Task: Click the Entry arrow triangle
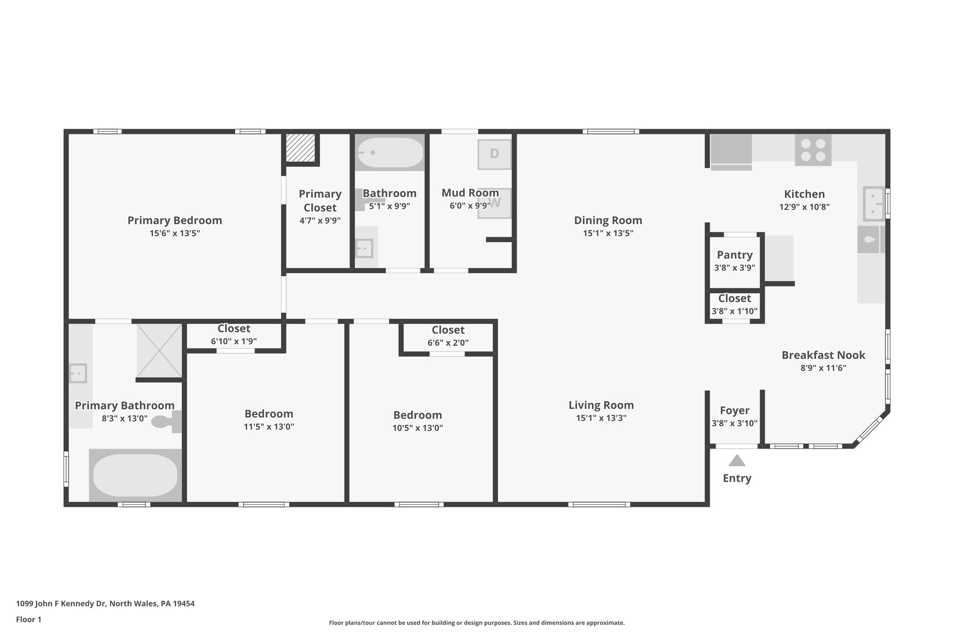(x=736, y=461)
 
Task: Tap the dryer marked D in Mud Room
(x=494, y=154)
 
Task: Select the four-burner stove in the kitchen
(x=813, y=150)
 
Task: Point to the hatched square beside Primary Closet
(x=300, y=148)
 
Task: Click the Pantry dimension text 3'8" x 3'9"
(x=735, y=268)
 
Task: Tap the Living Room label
(x=601, y=405)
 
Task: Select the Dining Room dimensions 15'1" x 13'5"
(x=608, y=233)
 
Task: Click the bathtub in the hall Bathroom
(x=390, y=152)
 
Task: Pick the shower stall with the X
(x=159, y=351)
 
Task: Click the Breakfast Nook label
(x=823, y=355)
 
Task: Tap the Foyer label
(x=735, y=410)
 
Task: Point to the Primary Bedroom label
(x=175, y=220)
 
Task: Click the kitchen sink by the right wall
(x=874, y=204)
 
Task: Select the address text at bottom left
(x=105, y=603)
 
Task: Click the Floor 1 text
(x=28, y=619)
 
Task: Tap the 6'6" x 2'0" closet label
(x=448, y=343)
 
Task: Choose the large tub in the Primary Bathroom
(x=135, y=476)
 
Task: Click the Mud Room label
(x=470, y=193)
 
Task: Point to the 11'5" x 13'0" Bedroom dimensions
(x=269, y=427)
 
